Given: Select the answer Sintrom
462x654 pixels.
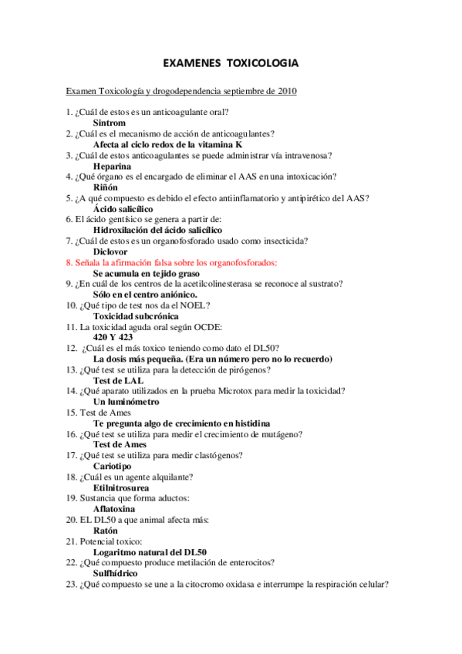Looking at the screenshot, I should click(110, 123).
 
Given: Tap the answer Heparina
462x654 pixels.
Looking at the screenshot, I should click(112, 166).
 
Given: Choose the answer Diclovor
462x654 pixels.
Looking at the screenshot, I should click(111, 251).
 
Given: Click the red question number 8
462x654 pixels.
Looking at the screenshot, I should click(69, 262).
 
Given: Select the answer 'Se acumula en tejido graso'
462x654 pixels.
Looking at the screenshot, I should click(147, 273).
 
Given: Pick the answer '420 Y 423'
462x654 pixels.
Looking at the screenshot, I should click(113, 338).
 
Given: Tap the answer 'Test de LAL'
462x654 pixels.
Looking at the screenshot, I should click(118, 380).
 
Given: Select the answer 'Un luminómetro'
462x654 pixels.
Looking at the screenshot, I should click(126, 402).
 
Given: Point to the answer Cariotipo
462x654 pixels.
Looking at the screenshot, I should click(112, 467).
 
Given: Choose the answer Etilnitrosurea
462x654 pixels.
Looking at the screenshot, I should click(121, 488).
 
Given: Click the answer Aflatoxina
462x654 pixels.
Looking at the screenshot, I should click(114, 509).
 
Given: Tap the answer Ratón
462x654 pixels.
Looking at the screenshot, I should click(106, 531).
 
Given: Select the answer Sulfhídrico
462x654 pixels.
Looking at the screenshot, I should click(116, 574).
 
